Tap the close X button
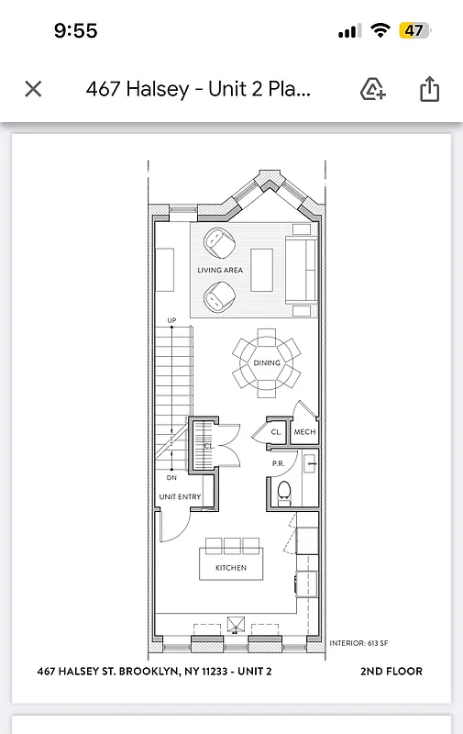tap(33, 89)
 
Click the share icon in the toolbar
tap(429, 89)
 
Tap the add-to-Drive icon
tap(373, 89)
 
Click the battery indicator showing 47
tap(413, 30)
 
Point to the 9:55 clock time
tap(76, 30)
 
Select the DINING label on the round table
tap(267, 363)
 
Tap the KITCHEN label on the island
tap(231, 568)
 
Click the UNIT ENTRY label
tap(180, 497)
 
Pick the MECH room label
tap(304, 432)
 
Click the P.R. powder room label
tap(279, 464)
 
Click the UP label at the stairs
tap(171, 320)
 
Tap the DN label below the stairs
tap(171, 478)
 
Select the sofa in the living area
tap(301, 270)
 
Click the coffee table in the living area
tap(262, 270)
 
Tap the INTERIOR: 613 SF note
tap(359, 643)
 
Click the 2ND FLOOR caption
tap(391, 672)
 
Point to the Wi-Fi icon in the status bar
tap(380, 30)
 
